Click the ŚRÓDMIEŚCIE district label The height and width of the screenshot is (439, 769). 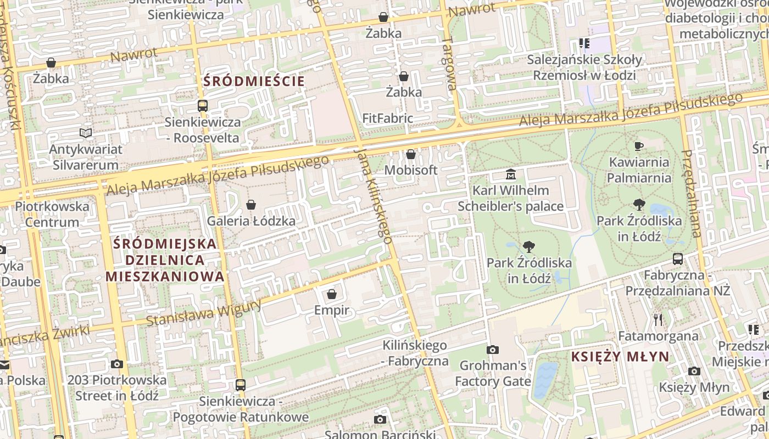[x=254, y=82]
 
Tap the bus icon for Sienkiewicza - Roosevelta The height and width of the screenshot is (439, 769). [x=203, y=106]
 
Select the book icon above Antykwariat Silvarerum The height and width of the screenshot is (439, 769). [x=85, y=133]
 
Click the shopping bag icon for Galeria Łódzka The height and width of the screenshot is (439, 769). [x=251, y=205]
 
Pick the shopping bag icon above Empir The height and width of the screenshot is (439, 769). [x=332, y=294]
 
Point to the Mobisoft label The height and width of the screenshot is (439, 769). [x=411, y=170]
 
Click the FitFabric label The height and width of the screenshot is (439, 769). [x=388, y=118]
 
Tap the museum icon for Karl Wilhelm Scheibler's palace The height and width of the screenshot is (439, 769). [x=511, y=175]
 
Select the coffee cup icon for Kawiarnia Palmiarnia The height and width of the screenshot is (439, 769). [x=639, y=145]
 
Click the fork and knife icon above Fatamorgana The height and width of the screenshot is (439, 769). [x=658, y=319]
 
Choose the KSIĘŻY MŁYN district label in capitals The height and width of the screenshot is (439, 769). [x=620, y=357]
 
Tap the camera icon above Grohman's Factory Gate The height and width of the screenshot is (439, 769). [x=493, y=350]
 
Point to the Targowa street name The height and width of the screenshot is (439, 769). [x=450, y=63]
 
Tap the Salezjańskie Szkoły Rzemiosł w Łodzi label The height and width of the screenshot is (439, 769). [x=584, y=67]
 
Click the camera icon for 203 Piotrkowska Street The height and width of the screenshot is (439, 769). [x=116, y=364]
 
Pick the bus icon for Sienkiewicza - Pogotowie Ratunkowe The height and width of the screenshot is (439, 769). [x=241, y=385]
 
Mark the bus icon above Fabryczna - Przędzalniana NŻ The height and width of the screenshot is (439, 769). [x=678, y=258]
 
